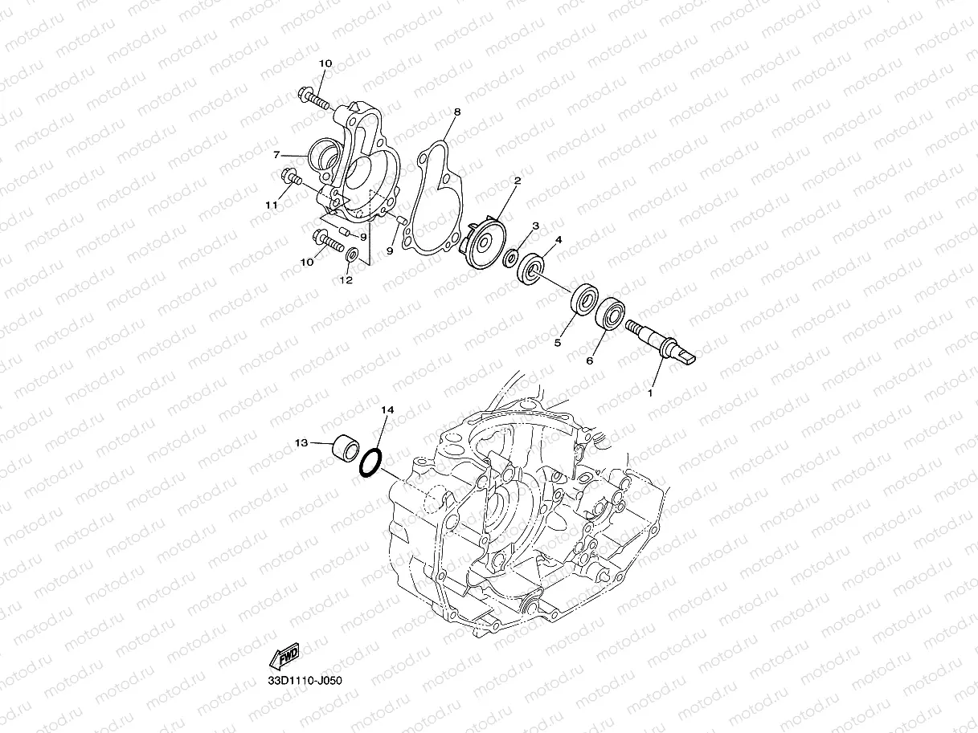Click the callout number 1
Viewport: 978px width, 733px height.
[x=651, y=393]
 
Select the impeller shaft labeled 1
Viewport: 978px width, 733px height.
[x=658, y=340]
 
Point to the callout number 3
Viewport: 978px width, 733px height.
[x=534, y=227]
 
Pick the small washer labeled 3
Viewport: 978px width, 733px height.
[x=510, y=259]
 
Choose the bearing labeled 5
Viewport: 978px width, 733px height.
[x=583, y=303]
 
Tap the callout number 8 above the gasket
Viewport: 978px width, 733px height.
[x=456, y=112]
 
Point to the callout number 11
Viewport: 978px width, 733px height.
[x=272, y=206]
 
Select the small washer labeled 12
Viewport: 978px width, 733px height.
[x=351, y=255]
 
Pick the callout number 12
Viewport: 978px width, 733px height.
[x=346, y=280]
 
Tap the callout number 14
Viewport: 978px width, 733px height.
[x=387, y=409]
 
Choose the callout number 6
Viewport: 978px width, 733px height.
[x=589, y=361]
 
